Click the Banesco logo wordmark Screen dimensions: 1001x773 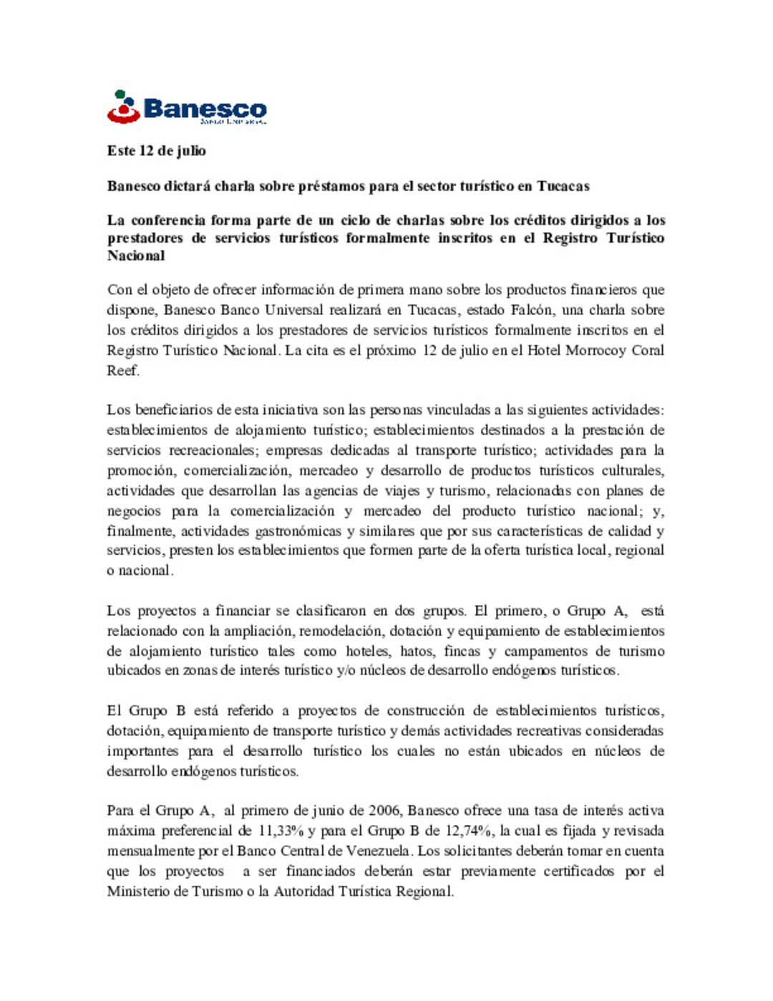click(205, 109)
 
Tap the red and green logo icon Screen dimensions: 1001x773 click(123, 107)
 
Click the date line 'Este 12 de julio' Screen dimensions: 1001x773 click(157, 151)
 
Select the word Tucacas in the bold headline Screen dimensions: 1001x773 click(563, 186)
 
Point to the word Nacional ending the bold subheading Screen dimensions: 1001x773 click(136, 256)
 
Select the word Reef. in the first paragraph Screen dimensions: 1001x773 click(123, 370)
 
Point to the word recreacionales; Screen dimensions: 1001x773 click(213, 450)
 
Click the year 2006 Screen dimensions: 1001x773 click(384, 811)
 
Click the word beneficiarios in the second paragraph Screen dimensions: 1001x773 click(174, 410)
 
